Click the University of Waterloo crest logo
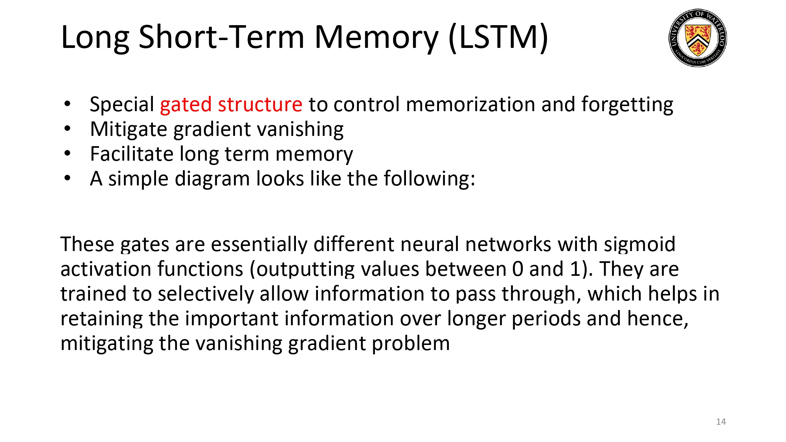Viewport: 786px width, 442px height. [698, 38]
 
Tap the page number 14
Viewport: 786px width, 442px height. [721, 422]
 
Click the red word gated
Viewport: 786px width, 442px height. [185, 105]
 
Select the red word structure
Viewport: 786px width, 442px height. [260, 105]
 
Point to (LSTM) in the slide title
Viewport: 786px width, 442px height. [498, 37]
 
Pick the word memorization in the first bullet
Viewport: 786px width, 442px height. [470, 105]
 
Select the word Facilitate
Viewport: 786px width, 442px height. [132, 154]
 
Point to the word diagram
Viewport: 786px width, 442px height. [212, 179]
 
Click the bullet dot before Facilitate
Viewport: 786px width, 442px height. [68, 154]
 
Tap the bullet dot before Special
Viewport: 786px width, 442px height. [68, 104]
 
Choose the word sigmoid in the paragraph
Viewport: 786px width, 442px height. [639, 244]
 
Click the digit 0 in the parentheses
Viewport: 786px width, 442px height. [518, 269]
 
